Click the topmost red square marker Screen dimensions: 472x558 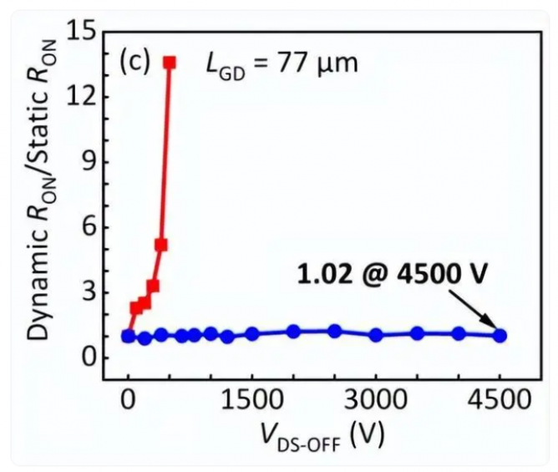click(170, 62)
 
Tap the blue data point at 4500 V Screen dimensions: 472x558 click(500, 335)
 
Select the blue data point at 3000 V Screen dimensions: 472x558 click(376, 335)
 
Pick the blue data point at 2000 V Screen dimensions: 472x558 click(293, 331)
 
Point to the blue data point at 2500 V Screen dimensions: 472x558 click(334, 331)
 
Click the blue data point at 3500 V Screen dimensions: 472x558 click(417, 333)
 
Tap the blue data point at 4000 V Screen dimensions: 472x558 click(459, 333)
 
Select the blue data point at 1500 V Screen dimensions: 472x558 click(252, 334)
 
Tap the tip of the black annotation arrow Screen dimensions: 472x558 click(496, 331)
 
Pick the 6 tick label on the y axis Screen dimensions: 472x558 click(87, 226)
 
